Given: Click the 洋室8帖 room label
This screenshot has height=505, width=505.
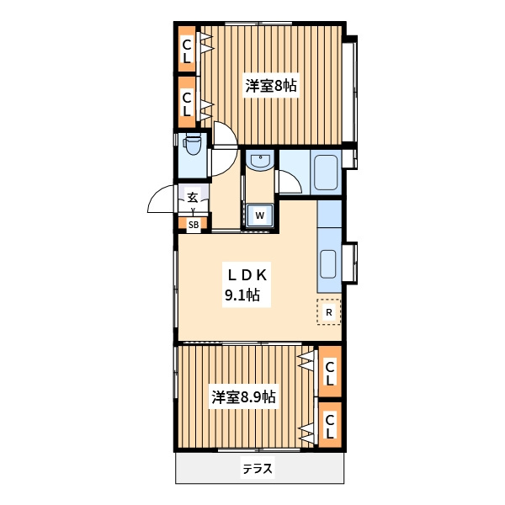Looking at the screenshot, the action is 271,86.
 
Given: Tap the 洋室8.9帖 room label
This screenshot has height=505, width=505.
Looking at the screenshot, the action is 243,397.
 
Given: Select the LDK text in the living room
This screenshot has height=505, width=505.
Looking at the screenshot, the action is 247,275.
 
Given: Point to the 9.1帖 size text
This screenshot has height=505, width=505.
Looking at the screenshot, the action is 242,295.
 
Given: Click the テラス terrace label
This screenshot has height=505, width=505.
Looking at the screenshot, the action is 258,469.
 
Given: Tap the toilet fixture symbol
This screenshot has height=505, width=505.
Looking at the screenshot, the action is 192,146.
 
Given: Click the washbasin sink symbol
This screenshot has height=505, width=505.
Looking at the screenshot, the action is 259,161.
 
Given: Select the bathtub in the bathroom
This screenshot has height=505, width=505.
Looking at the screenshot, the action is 326,173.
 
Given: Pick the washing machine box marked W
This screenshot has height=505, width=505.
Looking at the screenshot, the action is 259,215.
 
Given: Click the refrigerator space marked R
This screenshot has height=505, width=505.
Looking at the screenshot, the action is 329,312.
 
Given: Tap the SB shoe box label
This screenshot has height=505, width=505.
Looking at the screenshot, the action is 194,225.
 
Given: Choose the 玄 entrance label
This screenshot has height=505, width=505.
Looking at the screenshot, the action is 193,197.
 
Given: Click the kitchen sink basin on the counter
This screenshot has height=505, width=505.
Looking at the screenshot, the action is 328,263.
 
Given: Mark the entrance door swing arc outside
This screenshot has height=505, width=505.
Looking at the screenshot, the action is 156,194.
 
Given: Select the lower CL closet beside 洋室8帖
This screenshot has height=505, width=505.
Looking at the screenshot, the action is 187,102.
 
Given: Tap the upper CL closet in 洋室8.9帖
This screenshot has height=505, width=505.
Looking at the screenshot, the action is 330,371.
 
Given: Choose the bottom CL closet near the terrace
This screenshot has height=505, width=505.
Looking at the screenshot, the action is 330,425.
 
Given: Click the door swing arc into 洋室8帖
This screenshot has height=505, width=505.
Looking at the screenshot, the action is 229,128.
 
